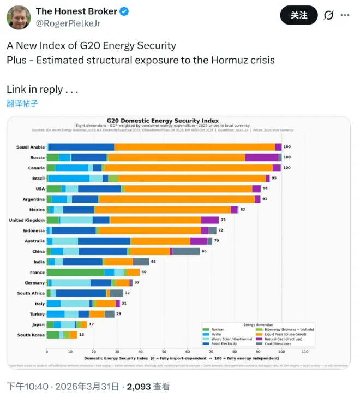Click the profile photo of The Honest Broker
pyautogui.click(x=19, y=17)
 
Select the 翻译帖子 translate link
pyautogui.click(x=22, y=103)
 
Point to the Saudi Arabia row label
pyautogui.click(x=30, y=147)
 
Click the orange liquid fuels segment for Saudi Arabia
pyautogui.click(x=194, y=147)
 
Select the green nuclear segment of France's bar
pyautogui.click(x=75, y=272)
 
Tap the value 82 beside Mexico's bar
pyautogui.click(x=243, y=209)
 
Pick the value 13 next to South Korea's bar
pyautogui.click(x=82, y=335)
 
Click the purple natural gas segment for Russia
pyautogui.click(x=262, y=157)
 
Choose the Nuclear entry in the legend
pyautogui.click(x=218, y=329)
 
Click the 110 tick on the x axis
pyautogui.click(x=304, y=352)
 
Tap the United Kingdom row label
pyautogui.click(x=27, y=220)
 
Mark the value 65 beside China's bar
pyautogui.click(x=204, y=251)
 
